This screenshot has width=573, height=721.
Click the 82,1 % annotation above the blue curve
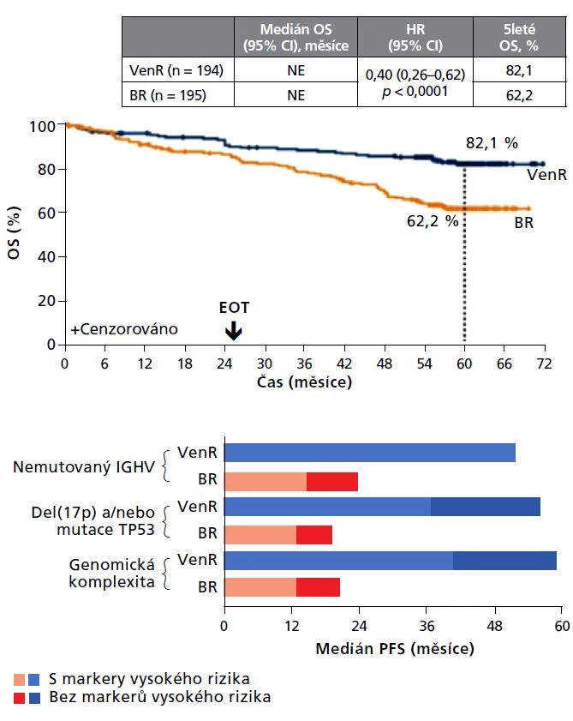492,142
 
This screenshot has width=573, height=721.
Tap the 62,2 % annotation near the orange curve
433,220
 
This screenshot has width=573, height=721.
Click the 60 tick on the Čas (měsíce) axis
464,363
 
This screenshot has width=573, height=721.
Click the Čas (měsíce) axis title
303,382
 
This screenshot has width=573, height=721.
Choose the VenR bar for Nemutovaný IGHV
369,453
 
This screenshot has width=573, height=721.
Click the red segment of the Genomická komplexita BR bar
318,587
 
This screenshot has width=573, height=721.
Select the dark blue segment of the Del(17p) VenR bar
485,507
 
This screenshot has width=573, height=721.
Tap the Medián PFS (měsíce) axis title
395,649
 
